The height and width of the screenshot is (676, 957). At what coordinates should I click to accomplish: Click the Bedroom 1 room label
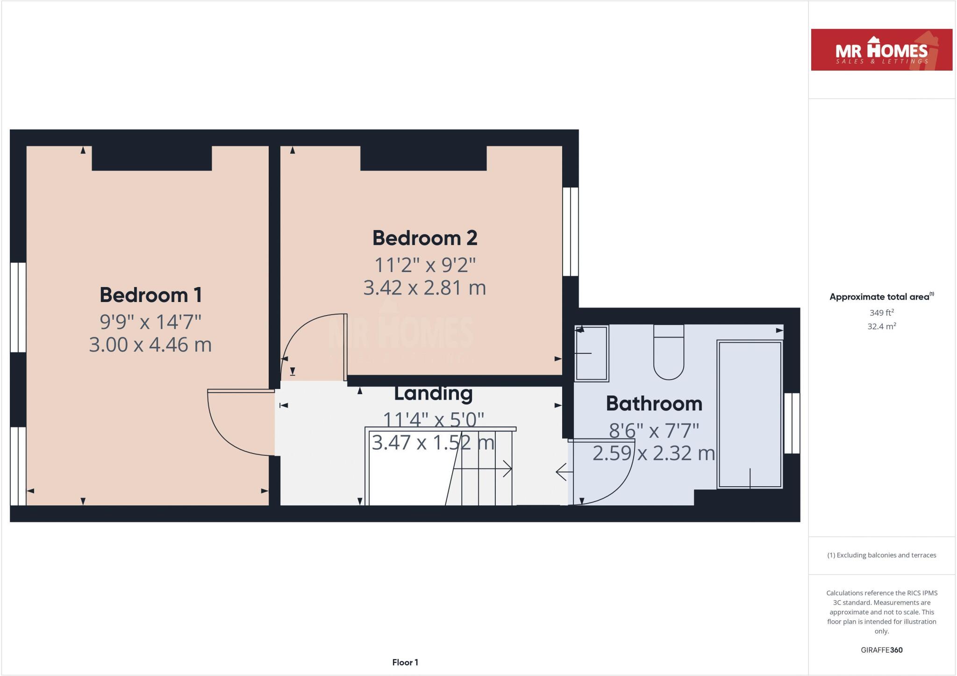point(150,295)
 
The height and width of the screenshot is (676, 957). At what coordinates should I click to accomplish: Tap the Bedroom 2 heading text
point(424,238)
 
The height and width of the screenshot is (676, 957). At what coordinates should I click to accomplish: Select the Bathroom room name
point(654,403)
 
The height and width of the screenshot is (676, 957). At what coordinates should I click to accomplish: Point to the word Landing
point(433,393)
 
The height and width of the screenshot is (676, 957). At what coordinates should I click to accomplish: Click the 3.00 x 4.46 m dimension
point(150,345)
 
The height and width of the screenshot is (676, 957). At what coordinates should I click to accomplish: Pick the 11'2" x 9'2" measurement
point(424,265)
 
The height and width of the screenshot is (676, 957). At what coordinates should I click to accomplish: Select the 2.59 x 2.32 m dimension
point(654,453)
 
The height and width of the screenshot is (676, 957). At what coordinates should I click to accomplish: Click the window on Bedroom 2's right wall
point(570,231)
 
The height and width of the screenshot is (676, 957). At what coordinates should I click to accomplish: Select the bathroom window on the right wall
point(792,423)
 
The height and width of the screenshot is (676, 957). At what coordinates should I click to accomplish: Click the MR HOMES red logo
point(881,50)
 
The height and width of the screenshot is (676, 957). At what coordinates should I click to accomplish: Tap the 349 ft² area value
point(881,312)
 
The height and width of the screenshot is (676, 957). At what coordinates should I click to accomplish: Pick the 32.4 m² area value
point(881,326)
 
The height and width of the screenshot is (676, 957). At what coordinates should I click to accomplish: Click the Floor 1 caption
point(405,662)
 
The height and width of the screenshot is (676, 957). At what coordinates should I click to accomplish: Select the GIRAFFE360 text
point(881,650)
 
